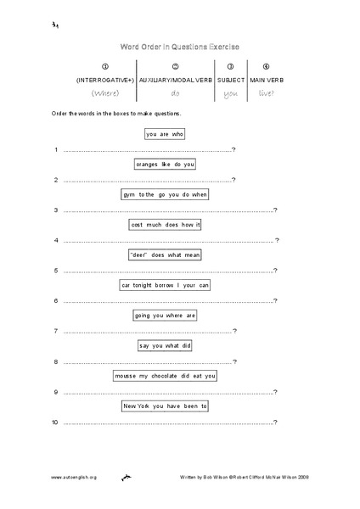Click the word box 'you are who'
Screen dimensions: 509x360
point(165,133)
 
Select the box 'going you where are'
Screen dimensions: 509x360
point(165,316)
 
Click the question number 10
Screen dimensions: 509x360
point(54,422)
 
